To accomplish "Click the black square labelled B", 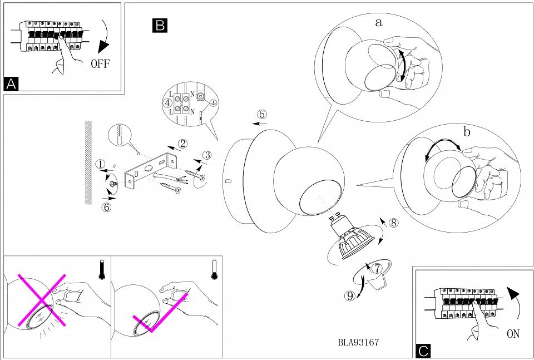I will coord(160,25).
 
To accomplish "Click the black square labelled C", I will coord(423,351).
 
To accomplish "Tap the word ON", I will coord(512,334).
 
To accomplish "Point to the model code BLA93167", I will coord(358,343).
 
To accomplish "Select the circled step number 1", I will coord(100,164).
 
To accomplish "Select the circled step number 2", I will coord(182,144).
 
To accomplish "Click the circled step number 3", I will coord(207,155).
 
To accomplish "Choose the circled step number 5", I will coord(261,115).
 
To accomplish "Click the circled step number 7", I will coord(378,268).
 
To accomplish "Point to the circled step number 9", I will coord(350,296).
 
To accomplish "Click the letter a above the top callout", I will coord(379,23).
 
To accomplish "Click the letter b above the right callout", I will coord(467,132).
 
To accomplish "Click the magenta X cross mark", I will coord(43,299).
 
